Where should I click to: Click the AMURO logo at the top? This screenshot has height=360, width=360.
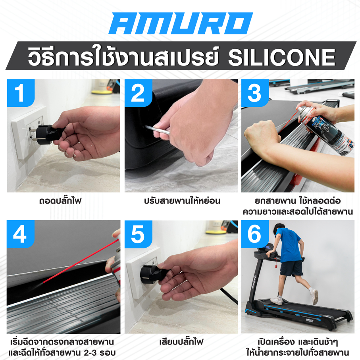point(181,23)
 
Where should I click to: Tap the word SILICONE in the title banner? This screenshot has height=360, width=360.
point(282,57)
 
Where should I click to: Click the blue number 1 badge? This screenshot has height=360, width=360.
point(21,93)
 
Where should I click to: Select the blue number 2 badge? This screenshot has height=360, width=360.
point(139,93)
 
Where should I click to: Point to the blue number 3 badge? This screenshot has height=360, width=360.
point(255,93)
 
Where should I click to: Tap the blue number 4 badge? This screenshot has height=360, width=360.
point(20,234)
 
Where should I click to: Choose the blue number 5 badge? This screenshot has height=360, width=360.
point(139,234)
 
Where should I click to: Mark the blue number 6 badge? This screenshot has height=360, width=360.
point(255,234)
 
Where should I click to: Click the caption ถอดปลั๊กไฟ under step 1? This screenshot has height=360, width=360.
point(60,201)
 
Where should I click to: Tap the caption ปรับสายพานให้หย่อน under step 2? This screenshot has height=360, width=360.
point(182,201)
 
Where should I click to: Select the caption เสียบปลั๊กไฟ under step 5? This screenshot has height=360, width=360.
point(181,342)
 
